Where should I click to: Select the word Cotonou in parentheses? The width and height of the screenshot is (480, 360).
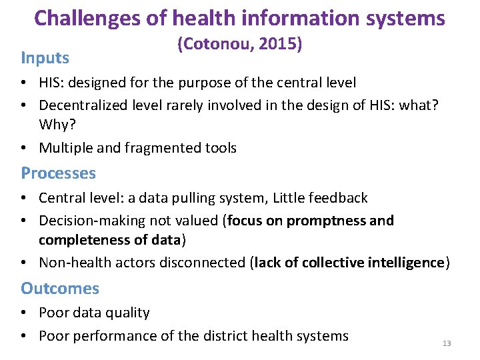(214, 45)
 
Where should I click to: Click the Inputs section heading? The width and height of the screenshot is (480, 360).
(45, 57)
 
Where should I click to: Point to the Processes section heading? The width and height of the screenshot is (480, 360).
(58, 173)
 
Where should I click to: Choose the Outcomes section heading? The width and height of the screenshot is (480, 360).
(60, 289)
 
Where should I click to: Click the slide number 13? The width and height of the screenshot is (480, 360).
(447, 343)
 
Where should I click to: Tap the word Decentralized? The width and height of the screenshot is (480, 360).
(83, 105)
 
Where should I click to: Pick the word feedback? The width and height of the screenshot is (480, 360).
(337, 198)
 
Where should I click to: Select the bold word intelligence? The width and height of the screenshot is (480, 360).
(403, 263)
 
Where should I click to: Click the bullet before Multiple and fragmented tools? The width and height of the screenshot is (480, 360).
(24, 148)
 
